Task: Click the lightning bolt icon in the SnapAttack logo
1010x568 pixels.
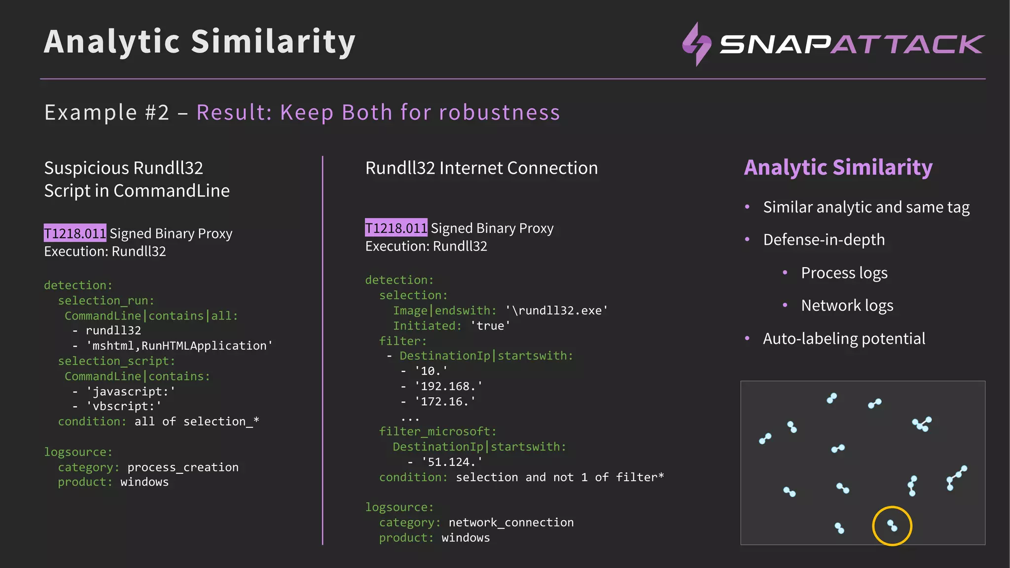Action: point(696,44)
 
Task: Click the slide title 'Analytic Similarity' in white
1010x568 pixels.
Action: point(199,41)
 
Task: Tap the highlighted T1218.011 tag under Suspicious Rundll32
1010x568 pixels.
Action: point(75,233)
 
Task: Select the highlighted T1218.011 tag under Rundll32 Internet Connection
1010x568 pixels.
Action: point(396,228)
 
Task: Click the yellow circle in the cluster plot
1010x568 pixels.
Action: point(892,526)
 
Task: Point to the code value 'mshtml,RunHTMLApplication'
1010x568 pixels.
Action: point(180,346)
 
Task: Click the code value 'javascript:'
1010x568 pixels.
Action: point(131,391)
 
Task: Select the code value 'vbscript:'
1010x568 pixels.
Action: point(124,406)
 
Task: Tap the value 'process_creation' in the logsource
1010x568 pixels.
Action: point(182,467)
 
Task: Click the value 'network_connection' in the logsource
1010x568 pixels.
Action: point(511,522)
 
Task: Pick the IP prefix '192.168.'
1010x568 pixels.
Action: point(448,386)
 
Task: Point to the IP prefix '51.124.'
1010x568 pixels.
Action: point(452,462)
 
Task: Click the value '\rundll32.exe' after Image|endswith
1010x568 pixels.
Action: point(556,311)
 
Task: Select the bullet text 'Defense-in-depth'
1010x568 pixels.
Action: point(824,240)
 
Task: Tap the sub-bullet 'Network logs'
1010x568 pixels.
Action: point(847,306)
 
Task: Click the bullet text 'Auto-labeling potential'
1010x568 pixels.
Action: point(844,339)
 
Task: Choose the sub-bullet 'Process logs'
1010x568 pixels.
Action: point(844,273)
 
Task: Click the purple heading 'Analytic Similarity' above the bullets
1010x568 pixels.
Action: point(838,168)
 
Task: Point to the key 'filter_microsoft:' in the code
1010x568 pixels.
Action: point(437,431)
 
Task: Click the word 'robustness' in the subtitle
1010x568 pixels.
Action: point(499,112)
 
